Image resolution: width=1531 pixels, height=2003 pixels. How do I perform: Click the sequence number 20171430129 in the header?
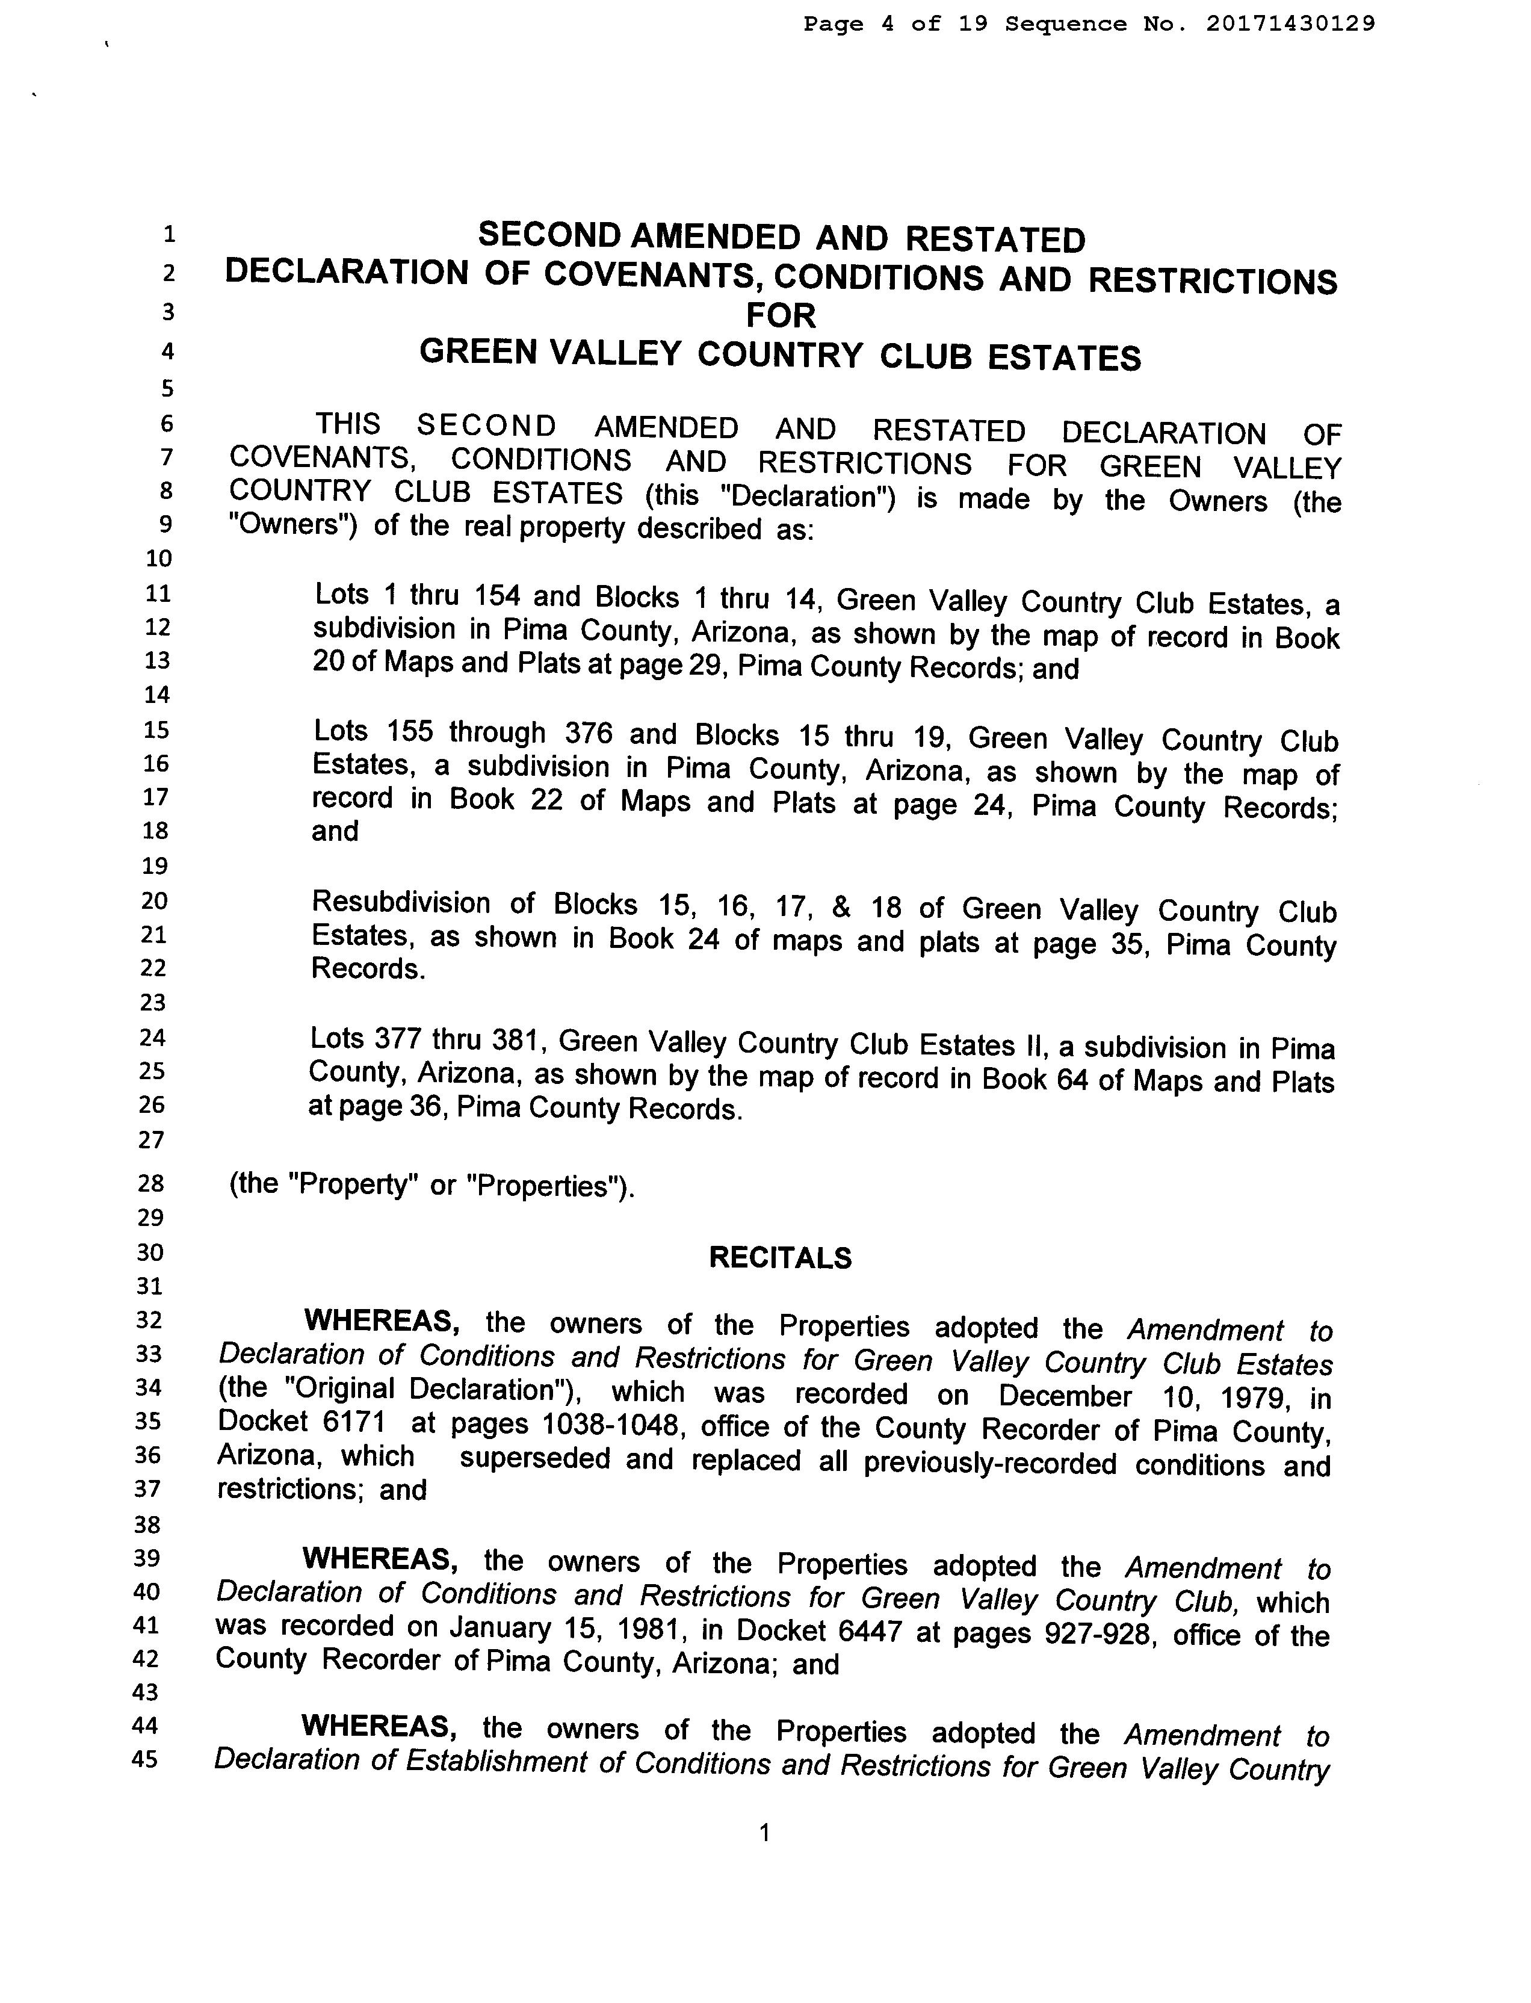click(1290, 23)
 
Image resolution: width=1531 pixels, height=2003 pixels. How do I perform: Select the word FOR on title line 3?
click(781, 315)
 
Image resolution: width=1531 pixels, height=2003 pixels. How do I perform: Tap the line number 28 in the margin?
click(150, 1184)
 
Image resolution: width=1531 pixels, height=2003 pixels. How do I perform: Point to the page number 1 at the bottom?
click(764, 1833)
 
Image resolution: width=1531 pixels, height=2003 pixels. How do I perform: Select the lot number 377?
click(394, 1039)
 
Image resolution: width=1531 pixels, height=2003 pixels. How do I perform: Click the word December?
click(1065, 1396)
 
